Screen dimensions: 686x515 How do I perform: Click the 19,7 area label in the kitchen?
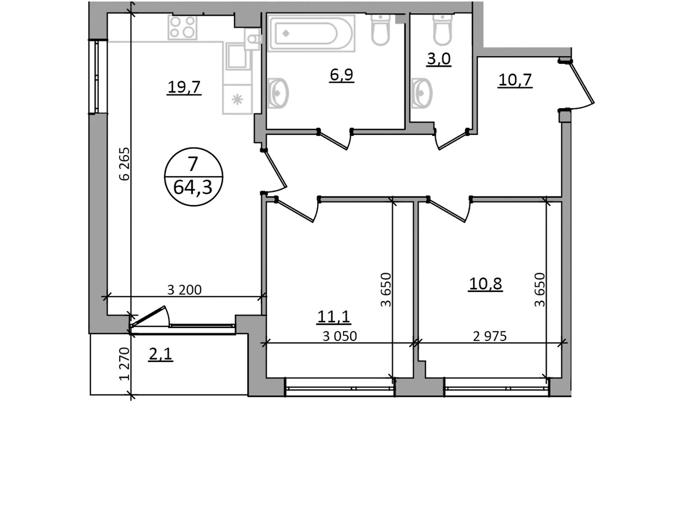point(184,87)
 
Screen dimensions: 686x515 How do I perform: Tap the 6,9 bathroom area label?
point(342,75)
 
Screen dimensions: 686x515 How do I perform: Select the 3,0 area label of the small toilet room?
point(439,59)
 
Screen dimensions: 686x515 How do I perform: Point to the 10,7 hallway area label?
point(515,80)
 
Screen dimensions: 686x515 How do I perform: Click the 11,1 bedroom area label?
point(334,316)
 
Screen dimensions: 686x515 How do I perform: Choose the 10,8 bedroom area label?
point(485,284)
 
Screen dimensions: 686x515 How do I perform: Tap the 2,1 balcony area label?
point(161,354)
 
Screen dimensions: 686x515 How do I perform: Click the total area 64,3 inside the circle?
point(193,188)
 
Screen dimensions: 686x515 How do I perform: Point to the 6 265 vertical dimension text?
point(124,164)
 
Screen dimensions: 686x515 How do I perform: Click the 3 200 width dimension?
point(184,290)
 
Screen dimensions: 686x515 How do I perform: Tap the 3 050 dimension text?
point(340,336)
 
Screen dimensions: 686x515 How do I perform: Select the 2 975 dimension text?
point(490,336)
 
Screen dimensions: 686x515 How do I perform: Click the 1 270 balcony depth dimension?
point(124,364)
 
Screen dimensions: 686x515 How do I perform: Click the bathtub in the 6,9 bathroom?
point(311,33)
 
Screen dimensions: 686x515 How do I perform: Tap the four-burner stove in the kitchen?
point(183,27)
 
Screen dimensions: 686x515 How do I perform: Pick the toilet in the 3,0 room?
point(442,29)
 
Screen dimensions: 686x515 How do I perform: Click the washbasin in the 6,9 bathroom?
point(278,93)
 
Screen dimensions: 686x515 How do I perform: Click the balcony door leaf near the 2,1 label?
point(148,316)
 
